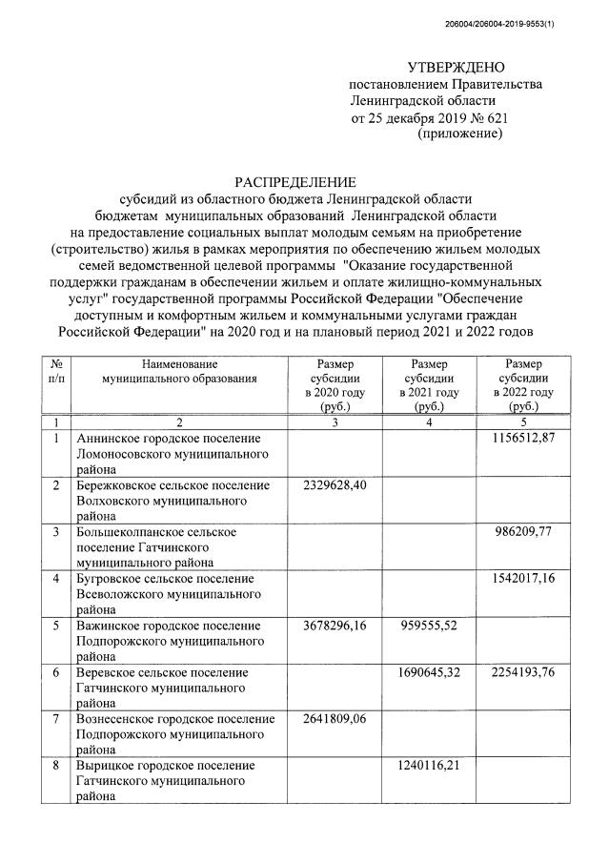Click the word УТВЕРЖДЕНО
coord(457,67)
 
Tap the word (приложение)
coord(460,134)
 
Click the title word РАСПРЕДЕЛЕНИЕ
coord(295,181)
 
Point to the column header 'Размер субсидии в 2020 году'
coord(335,384)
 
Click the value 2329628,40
coord(335,484)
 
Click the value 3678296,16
coord(335,625)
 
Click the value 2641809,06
coord(335,719)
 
